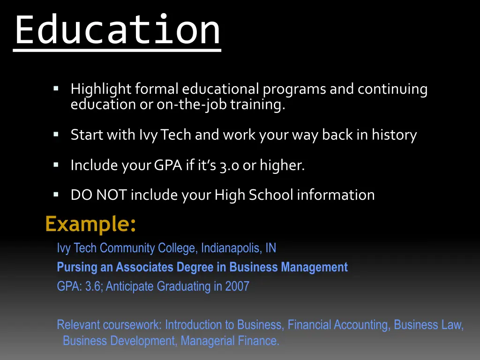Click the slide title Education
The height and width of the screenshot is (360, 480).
click(117, 30)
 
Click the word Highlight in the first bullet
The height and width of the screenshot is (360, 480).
click(101, 89)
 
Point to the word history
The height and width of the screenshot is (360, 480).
click(394, 135)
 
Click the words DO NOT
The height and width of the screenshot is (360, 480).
click(98, 195)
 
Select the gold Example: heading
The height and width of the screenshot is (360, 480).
click(91, 224)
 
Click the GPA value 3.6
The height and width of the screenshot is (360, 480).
click(93, 286)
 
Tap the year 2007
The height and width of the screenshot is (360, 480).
click(237, 286)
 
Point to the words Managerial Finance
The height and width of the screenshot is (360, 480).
click(229, 341)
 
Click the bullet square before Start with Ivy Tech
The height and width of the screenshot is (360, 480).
click(56, 135)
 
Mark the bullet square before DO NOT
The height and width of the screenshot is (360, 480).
click(56, 194)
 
